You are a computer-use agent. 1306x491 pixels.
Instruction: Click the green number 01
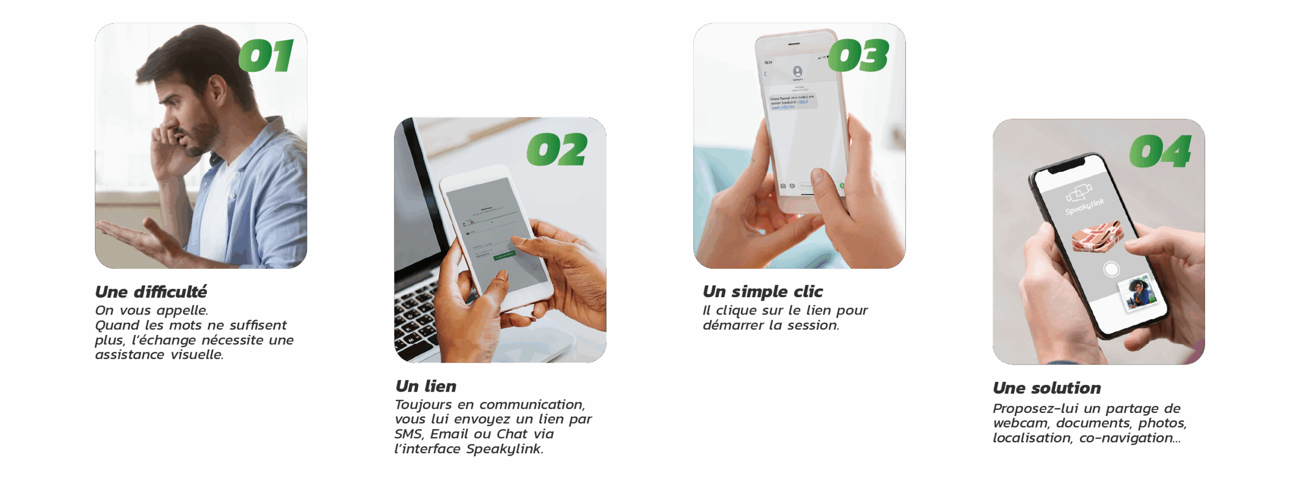click(266, 56)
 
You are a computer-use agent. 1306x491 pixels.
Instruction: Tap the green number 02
click(557, 150)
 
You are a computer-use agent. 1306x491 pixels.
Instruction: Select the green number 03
click(859, 56)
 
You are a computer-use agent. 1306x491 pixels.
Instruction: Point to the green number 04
click(1160, 151)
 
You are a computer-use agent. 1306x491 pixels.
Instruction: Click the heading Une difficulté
click(151, 292)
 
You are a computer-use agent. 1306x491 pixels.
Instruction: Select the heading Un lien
click(426, 386)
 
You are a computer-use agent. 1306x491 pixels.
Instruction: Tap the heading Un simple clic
click(763, 292)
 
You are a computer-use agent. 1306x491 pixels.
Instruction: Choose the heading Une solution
click(1047, 388)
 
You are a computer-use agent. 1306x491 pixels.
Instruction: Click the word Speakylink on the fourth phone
click(1085, 206)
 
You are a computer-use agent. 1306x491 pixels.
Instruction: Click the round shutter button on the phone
click(1111, 269)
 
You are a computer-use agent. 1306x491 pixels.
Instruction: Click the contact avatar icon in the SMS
click(797, 71)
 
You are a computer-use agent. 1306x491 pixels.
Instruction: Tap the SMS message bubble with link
click(792, 101)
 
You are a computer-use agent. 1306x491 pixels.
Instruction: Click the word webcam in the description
click(1019, 423)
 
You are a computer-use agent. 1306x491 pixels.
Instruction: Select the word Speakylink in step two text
click(504, 449)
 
